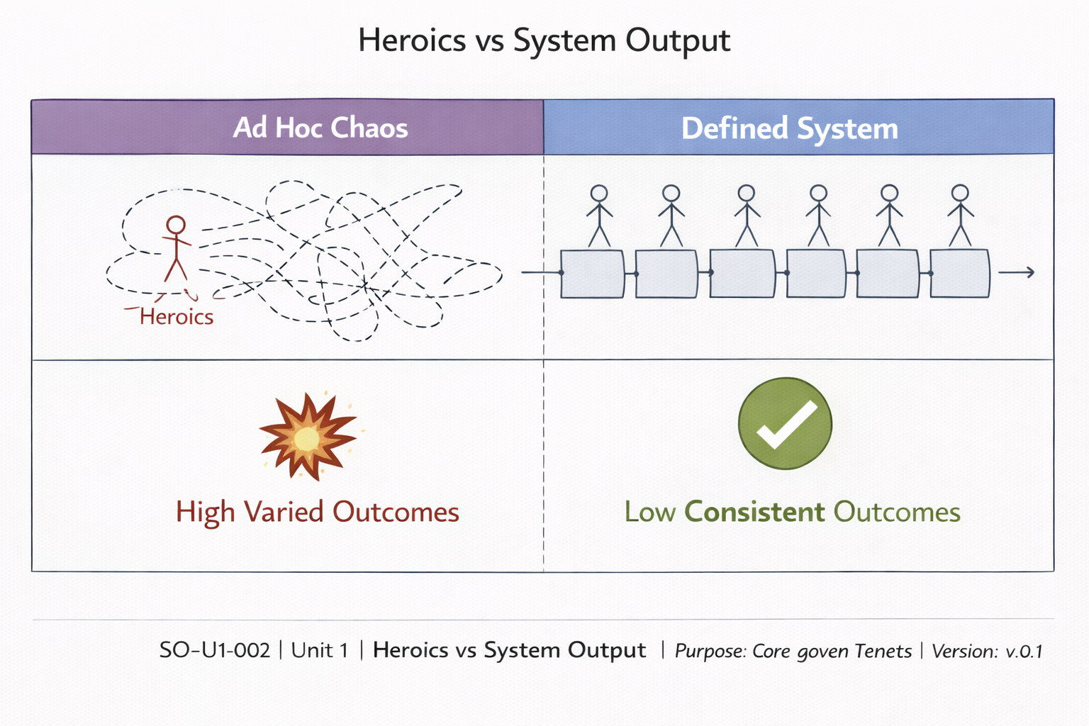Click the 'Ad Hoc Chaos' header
pyautogui.click(x=320, y=128)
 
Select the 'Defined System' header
pyautogui.click(x=789, y=129)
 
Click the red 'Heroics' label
pyautogui.click(x=177, y=316)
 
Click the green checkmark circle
pyautogui.click(x=785, y=423)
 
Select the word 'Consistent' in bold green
pyautogui.click(x=754, y=512)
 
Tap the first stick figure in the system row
pyautogui.click(x=599, y=216)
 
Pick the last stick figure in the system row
pyautogui.click(x=960, y=216)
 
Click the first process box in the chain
pyautogui.click(x=593, y=274)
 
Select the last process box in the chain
pyautogui.click(x=959, y=274)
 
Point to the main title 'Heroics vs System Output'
pyautogui.click(x=544, y=40)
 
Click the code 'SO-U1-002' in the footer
pyautogui.click(x=215, y=650)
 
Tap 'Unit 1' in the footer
pyautogui.click(x=320, y=650)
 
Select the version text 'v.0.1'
pyautogui.click(x=1024, y=651)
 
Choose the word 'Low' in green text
pyautogui.click(x=649, y=512)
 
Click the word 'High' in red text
pyautogui.click(x=205, y=512)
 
